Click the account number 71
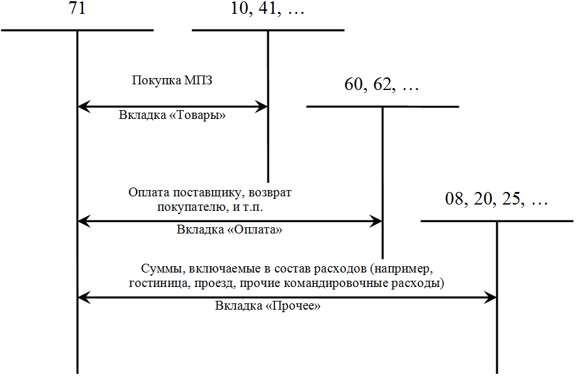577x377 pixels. [x=77, y=11]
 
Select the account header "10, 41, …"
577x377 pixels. [x=267, y=11]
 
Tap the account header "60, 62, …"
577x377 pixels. [x=382, y=85]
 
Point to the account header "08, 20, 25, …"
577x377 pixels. [x=496, y=201]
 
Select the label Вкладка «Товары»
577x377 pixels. [x=172, y=116]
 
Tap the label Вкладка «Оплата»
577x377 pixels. [x=229, y=230]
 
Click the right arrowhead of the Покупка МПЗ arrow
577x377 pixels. [x=262, y=107]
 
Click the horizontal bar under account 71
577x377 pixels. [x=77, y=30]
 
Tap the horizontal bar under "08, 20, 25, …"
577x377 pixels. [x=496, y=221]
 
